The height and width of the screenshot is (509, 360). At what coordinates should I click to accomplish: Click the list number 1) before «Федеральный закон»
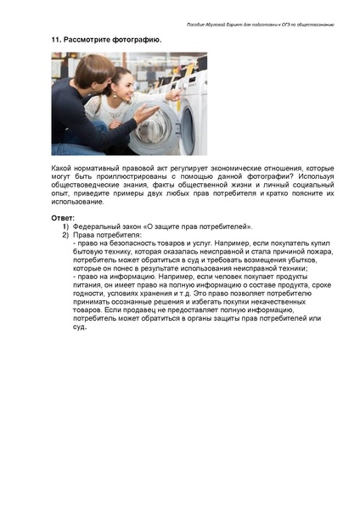[65, 227]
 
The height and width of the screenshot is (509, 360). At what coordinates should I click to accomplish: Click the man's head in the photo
[82, 68]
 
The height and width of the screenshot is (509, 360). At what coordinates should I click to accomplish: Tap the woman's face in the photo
[124, 84]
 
